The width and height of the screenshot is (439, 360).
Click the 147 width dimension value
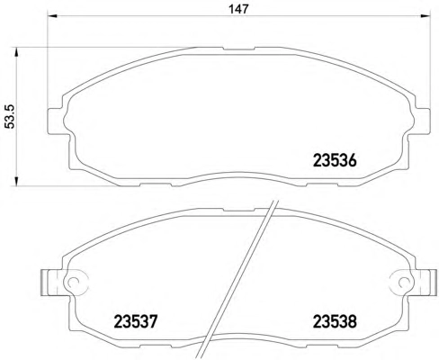point(238,9)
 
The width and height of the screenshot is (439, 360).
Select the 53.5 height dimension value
point(11,117)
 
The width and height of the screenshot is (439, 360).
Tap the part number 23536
point(335,160)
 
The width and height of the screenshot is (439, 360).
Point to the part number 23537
point(136,321)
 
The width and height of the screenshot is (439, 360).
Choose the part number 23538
point(335,321)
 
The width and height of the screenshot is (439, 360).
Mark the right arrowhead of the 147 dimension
point(425,16)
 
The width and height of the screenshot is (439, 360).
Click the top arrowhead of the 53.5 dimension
point(16,51)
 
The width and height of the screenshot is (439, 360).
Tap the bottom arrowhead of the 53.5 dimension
point(16,181)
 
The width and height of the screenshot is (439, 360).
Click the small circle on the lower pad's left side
point(72,282)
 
